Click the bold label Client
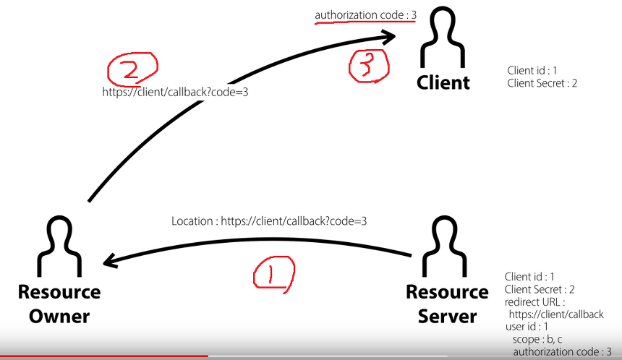(x=443, y=82)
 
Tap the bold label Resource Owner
(x=59, y=304)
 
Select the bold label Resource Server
(x=447, y=304)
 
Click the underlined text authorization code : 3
(x=365, y=15)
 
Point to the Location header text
(x=269, y=221)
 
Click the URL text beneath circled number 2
(x=176, y=93)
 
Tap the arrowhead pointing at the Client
(x=391, y=36)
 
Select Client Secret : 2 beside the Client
(x=542, y=83)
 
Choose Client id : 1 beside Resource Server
(x=529, y=276)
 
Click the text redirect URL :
(x=534, y=301)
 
